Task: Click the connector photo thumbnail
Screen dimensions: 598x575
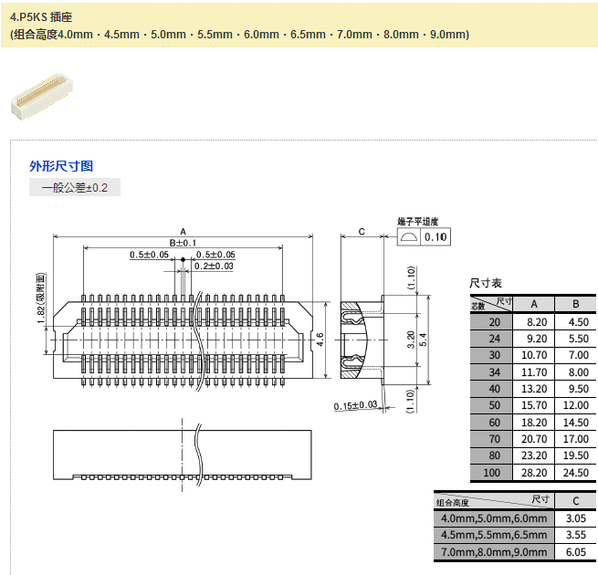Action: [42, 96]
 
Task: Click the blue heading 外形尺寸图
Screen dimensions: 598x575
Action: [61, 166]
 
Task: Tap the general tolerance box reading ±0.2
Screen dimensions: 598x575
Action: [75, 187]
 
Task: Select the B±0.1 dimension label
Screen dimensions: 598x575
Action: [183, 243]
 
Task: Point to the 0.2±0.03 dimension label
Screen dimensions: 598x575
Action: [214, 266]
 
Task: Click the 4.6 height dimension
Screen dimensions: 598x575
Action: [320, 340]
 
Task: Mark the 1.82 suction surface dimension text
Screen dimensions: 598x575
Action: [41, 298]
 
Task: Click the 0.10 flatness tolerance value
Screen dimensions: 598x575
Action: [435, 236]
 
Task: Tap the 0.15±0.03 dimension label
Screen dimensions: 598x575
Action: [355, 405]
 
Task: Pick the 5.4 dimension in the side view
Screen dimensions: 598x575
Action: [423, 340]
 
